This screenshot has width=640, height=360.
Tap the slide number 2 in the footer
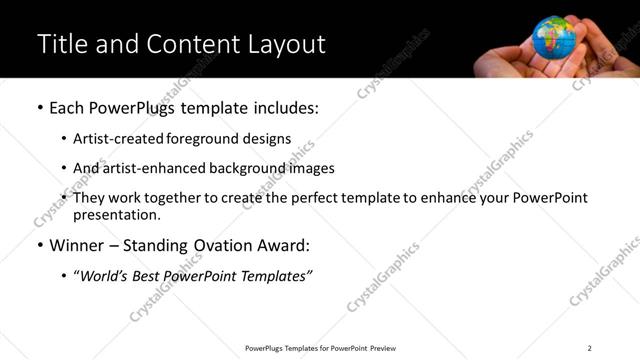pos(590,348)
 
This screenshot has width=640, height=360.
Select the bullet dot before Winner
pos(39,245)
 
